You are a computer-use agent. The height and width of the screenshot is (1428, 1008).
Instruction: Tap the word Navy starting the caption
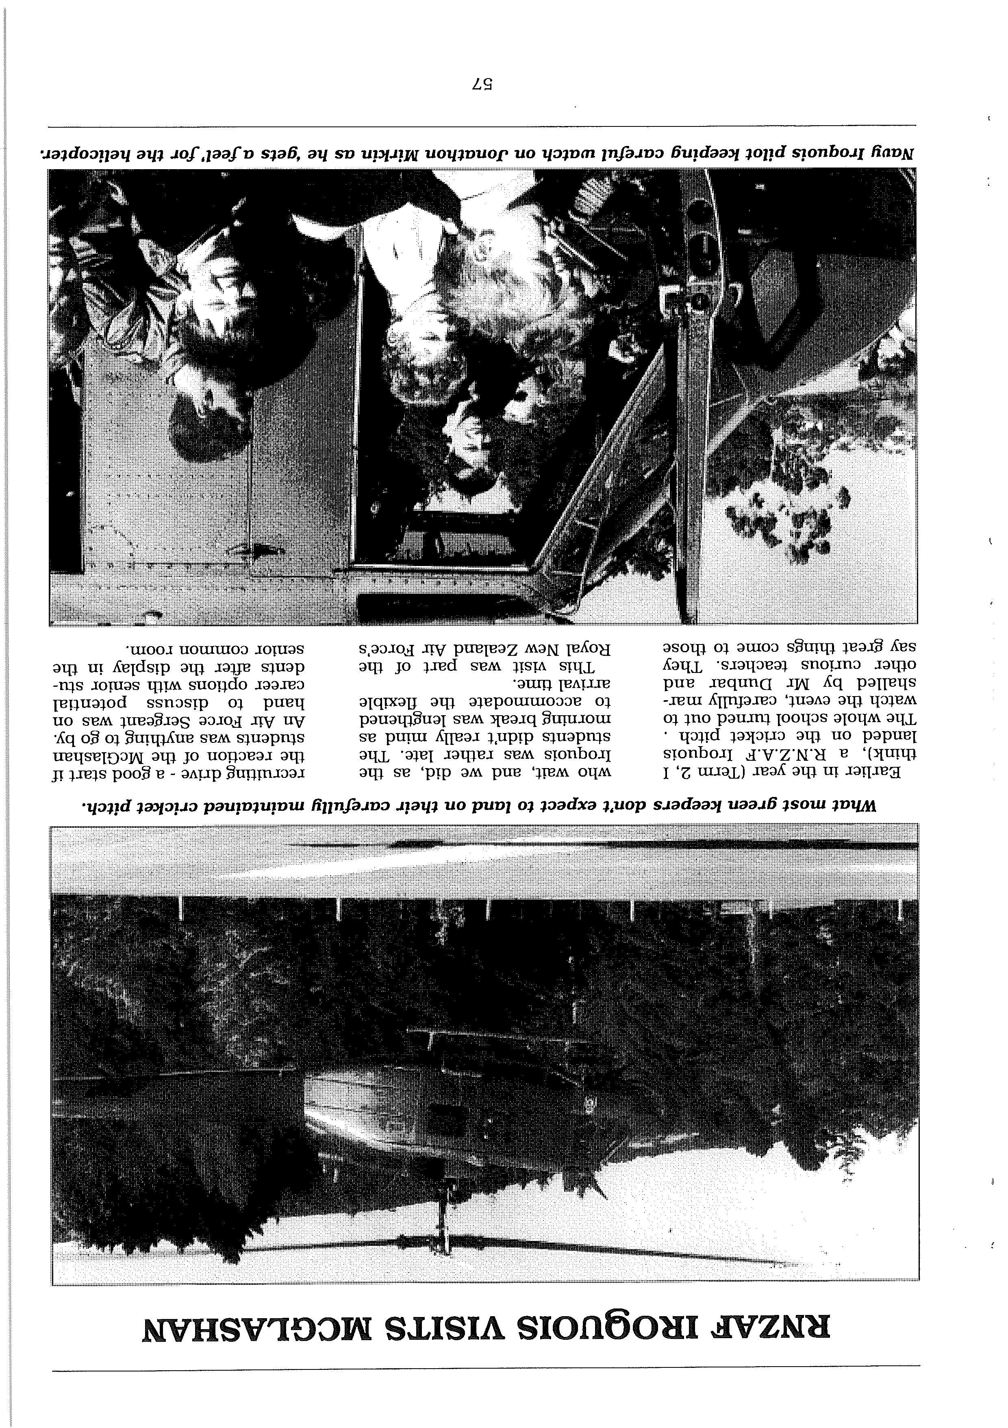[x=895, y=153]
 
